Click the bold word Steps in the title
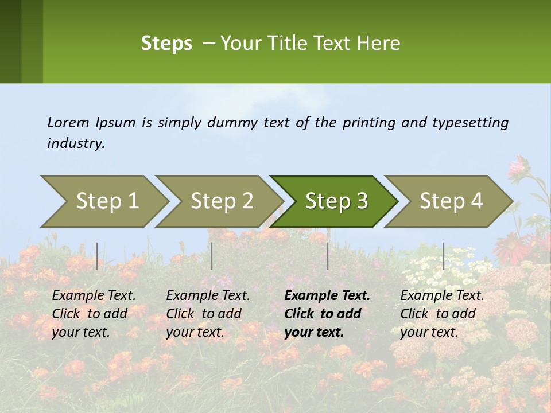[166, 44]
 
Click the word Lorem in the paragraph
[68, 122]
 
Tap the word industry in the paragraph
[75, 143]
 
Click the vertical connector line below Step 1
[97, 256]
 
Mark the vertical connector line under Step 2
[212, 256]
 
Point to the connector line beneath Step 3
[328, 256]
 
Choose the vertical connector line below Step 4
[443, 256]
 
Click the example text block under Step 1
[94, 314]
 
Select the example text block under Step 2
[208, 314]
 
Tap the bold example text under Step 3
[327, 314]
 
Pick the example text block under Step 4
[442, 314]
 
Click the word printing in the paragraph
[368, 123]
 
